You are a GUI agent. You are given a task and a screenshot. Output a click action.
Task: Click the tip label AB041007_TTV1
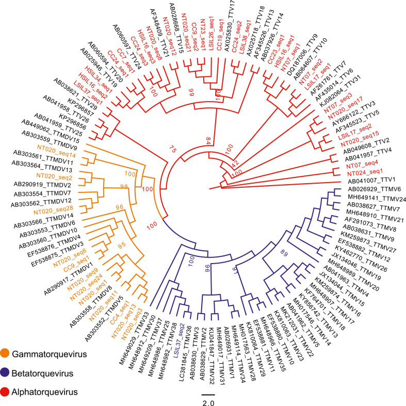[x=367, y=183]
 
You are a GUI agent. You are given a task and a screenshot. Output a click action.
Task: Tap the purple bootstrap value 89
[x=284, y=252]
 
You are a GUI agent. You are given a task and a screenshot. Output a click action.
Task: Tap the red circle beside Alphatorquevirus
[x=11, y=393]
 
